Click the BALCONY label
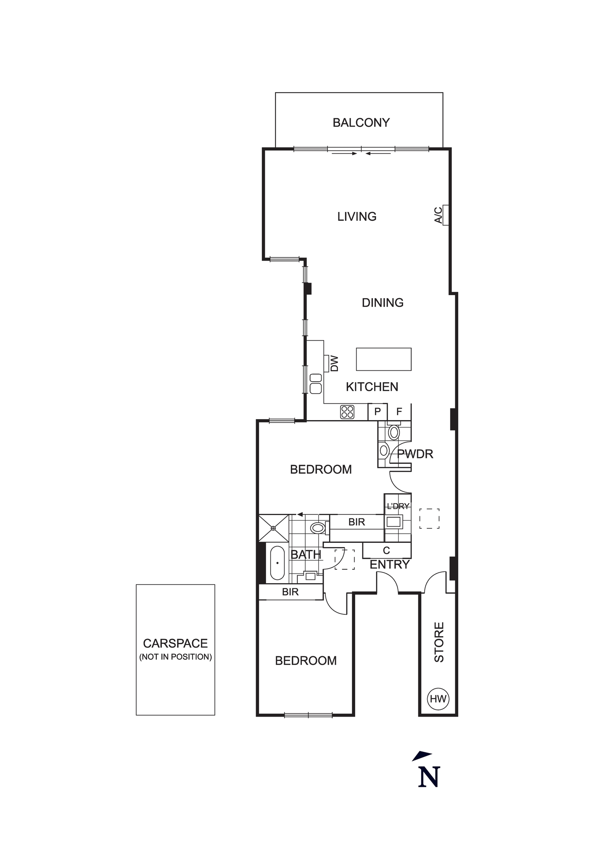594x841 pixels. pos(361,122)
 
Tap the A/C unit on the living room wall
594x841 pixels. pos(445,215)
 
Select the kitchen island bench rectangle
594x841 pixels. pos(383,359)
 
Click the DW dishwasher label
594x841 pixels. pos(334,363)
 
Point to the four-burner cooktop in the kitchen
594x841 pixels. pos(347,412)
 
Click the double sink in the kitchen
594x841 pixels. pos(316,383)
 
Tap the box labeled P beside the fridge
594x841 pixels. pos(378,412)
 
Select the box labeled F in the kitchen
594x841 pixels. pos(399,412)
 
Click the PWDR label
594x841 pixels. pos(415,454)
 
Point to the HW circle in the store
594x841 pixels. pos(438,699)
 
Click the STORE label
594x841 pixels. pos(439,642)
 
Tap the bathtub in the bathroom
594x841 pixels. pos(277,563)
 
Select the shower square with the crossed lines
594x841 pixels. pos(274,528)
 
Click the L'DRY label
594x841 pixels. pos(398,506)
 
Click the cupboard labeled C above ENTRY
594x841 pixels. pos(386,550)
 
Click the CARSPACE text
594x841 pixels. pos(175,643)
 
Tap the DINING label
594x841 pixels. pos(383,302)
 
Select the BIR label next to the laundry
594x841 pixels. pos(356,522)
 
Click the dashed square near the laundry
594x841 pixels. pos(429,518)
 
